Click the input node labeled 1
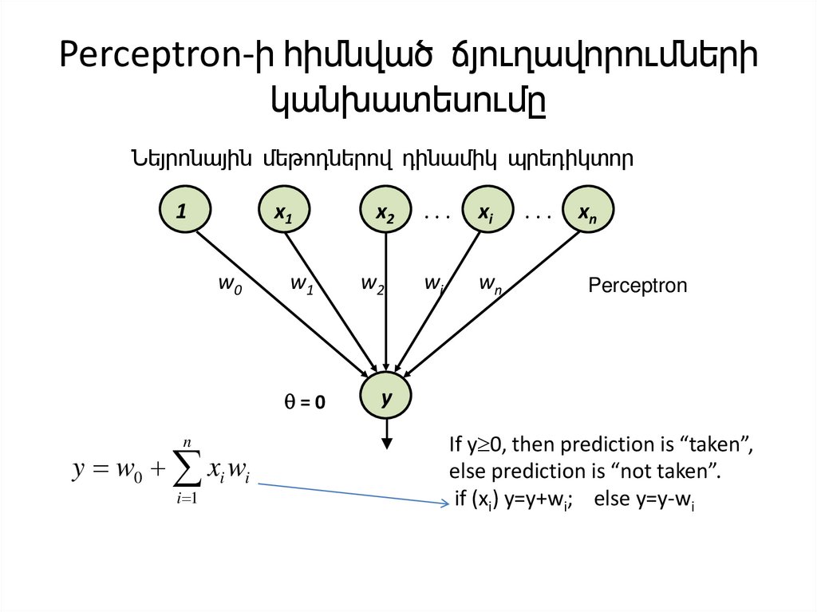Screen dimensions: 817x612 click(184, 211)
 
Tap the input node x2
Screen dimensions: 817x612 click(386, 211)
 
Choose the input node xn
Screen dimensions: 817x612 click(588, 211)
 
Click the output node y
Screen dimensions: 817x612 click(386, 395)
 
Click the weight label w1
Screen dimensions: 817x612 click(301, 284)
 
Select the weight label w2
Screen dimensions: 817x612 click(373, 284)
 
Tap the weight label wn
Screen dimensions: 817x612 click(490, 284)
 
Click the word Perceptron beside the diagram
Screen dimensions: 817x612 click(637, 286)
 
